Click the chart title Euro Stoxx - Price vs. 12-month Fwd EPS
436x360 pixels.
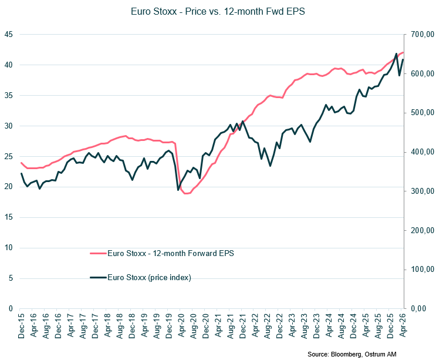[218, 11]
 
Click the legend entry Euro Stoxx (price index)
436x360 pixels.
[149, 278]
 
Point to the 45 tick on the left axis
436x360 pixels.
[8, 34]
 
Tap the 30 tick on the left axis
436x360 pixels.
[8, 126]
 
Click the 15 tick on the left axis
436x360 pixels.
[8, 217]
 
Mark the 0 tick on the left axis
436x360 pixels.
[11, 308]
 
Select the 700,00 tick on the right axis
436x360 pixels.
[421, 35]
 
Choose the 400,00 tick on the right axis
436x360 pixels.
[421, 152]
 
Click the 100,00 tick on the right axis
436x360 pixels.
[421, 270]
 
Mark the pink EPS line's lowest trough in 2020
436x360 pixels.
[186, 193]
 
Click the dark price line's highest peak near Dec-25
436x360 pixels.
[397, 53]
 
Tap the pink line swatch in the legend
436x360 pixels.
[97, 253]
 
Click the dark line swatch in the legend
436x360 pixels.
[97, 278]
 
